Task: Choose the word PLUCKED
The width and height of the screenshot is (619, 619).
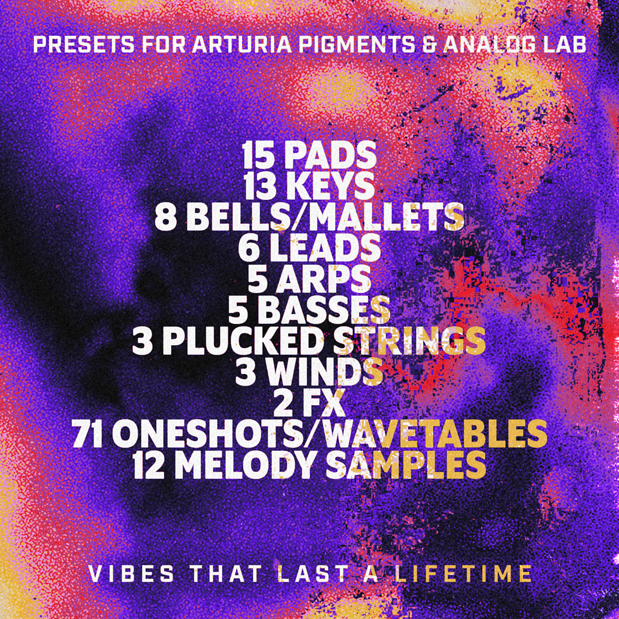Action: (242, 341)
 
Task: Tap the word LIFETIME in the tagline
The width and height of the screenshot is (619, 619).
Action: (463, 574)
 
